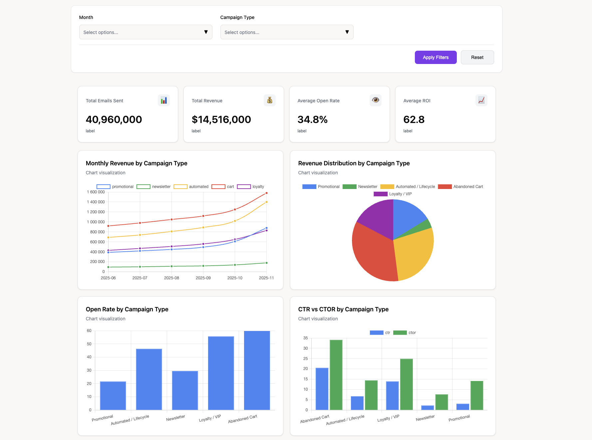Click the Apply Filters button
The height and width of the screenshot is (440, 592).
tap(435, 57)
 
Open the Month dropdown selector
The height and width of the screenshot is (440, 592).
tap(146, 32)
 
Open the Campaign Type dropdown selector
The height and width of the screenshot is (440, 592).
tap(286, 32)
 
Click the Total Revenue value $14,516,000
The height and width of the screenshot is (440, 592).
tap(221, 119)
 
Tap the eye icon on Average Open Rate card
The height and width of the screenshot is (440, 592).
tap(375, 100)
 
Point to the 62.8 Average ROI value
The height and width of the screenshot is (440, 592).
tap(414, 119)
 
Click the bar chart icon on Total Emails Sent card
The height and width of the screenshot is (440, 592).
tap(163, 100)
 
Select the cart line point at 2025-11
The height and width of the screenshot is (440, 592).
tap(266, 193)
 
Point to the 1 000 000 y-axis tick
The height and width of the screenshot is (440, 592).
tap(96, 222)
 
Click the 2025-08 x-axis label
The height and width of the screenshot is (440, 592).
tap(171, 278)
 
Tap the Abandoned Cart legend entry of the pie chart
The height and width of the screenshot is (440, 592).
tap(460, 187)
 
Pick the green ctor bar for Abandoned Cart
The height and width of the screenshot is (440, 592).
tap(336, 375)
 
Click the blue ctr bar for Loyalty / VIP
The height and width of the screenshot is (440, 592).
tap(392, 395)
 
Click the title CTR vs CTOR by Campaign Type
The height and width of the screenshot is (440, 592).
tap(343, 309)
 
